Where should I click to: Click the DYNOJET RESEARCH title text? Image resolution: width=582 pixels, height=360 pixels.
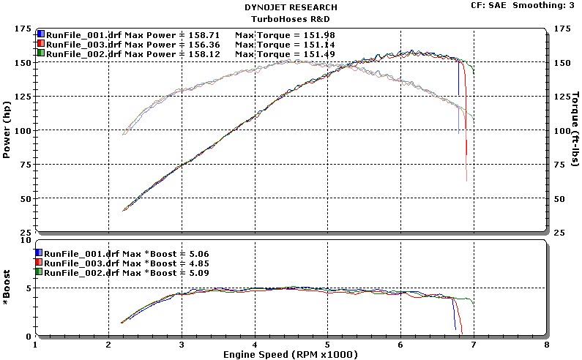pos(291,7)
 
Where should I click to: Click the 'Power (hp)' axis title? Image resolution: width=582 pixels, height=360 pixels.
pos(7,130)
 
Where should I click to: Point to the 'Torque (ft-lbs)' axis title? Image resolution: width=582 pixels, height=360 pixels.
pos(575,130)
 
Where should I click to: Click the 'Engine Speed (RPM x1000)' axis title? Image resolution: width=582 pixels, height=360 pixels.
pos(291,353)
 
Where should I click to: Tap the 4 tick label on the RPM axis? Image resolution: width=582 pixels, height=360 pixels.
pos(255,344)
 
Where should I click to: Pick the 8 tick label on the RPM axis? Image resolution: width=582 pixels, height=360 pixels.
pos(546,344)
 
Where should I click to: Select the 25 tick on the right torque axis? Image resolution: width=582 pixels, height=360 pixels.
pos(558,233)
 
